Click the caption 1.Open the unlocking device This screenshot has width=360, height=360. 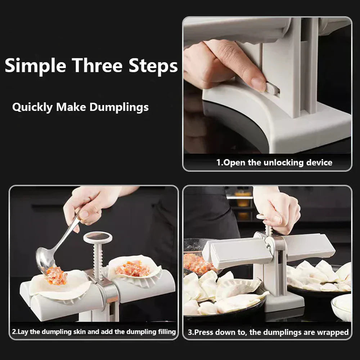[274, 162]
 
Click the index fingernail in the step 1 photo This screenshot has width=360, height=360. [258, 84]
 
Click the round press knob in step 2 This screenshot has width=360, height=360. [98, 237]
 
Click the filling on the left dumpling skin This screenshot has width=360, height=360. [57, 276]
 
